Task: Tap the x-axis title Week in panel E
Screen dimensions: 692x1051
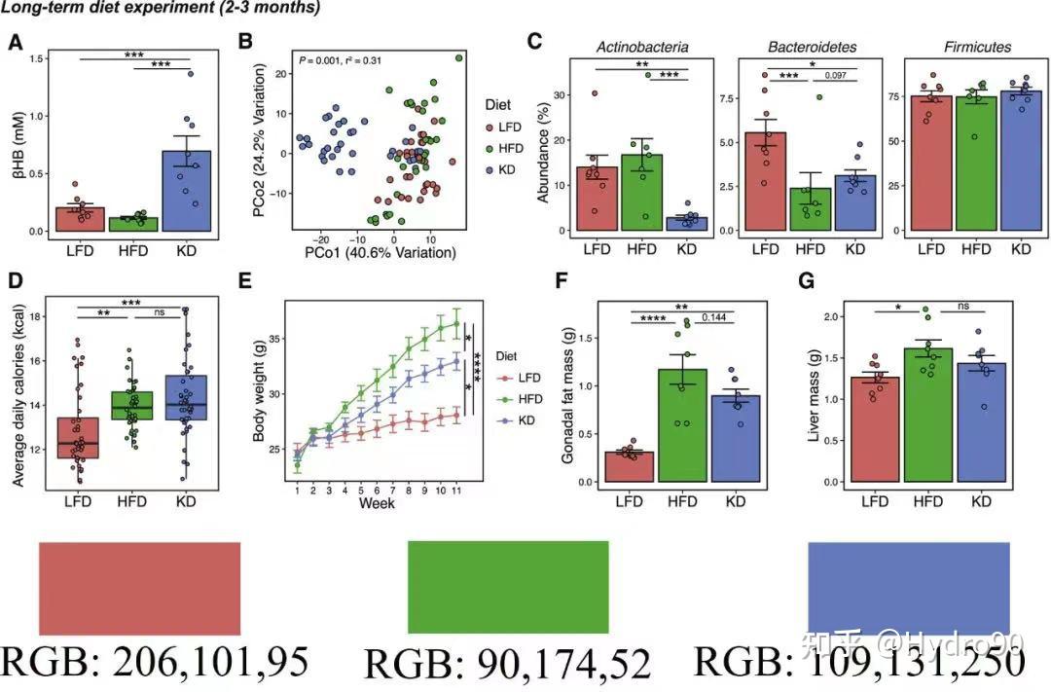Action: [x=377, y=504]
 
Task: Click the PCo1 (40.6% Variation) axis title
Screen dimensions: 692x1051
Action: [x=380, y=253]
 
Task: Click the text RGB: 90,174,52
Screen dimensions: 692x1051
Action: [x=507, y=665]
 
